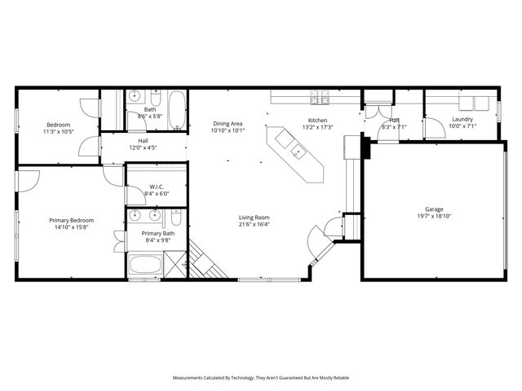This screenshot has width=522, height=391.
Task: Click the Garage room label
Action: [433, 209]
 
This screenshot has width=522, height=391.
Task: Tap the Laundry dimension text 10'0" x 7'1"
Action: [462, 126]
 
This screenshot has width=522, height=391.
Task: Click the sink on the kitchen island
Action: [298, 151]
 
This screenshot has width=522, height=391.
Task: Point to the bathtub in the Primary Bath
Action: [145, 266]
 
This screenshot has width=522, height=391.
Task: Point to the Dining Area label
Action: [228, 123]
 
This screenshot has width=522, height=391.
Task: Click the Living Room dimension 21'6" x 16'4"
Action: [254, 226]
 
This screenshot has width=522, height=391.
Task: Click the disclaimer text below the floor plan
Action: [260, 378]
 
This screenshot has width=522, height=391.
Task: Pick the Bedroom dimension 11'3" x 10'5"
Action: [59, 131]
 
